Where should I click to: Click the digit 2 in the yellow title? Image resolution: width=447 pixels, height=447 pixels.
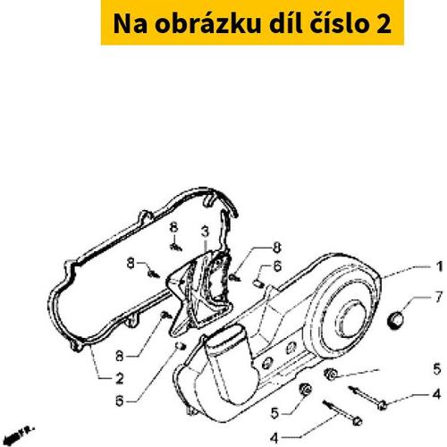(384, 24)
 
